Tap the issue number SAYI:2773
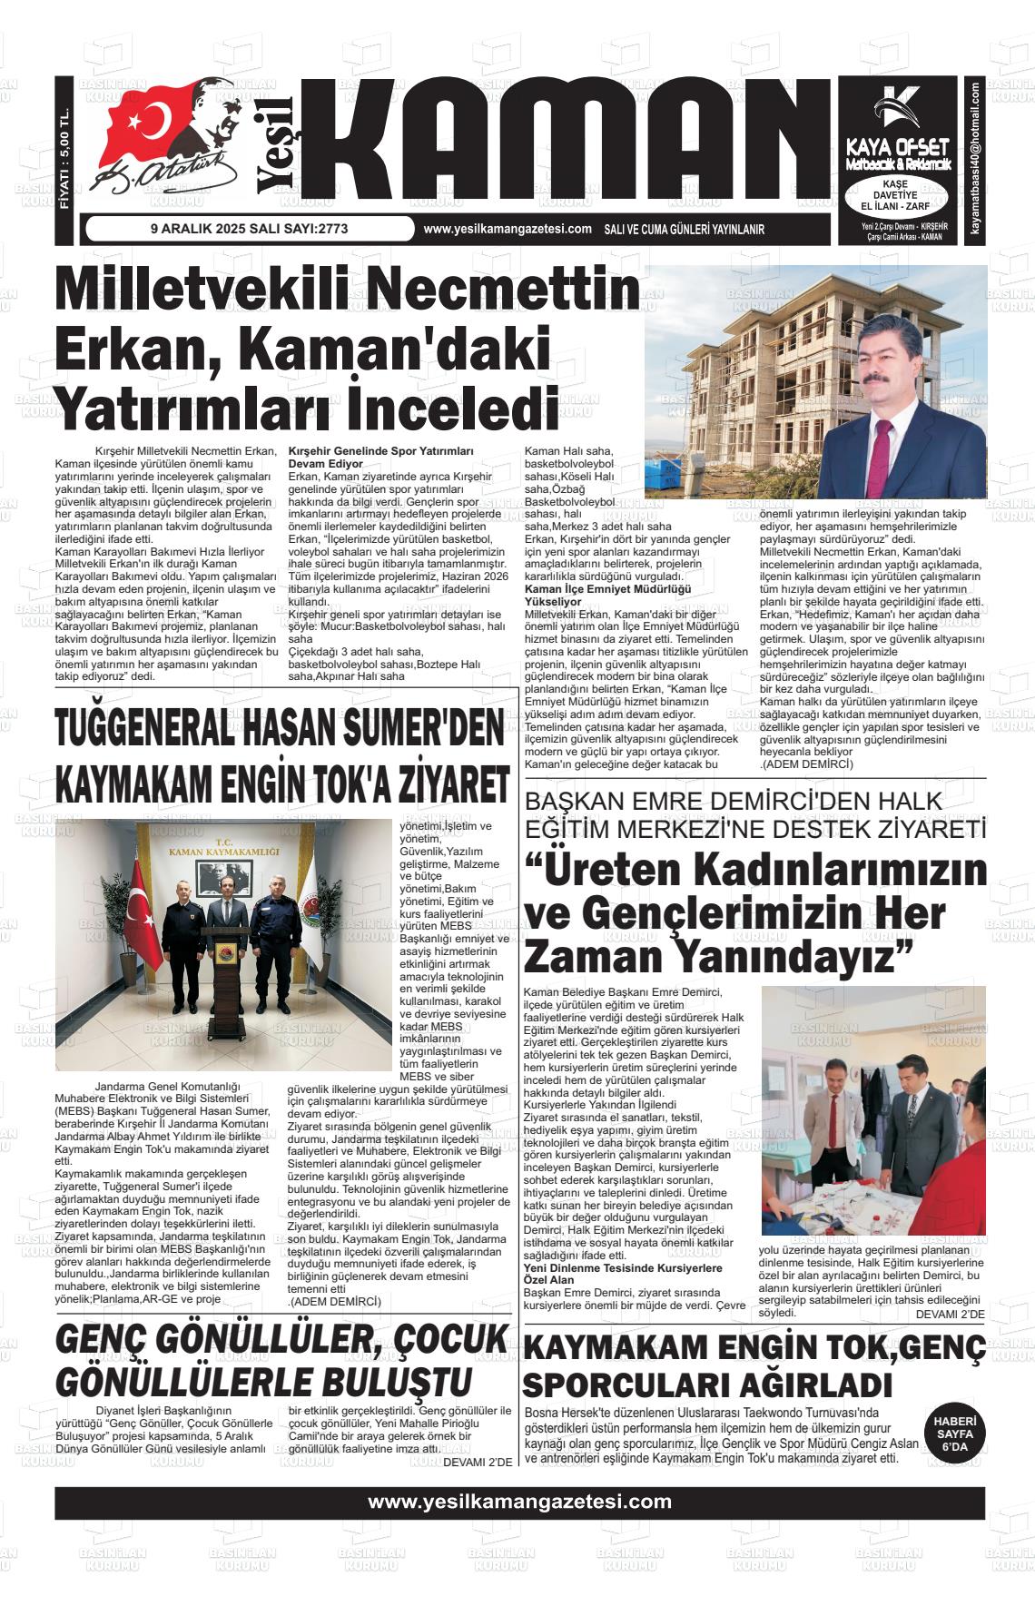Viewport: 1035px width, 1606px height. coord(314,229)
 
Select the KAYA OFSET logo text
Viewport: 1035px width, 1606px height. coord(898,145)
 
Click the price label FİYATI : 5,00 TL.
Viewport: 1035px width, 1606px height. coord(64,150)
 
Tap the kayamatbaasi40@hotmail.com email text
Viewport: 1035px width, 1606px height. coord(974,162)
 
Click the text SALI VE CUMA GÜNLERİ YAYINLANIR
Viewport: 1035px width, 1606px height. coord(684,230)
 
